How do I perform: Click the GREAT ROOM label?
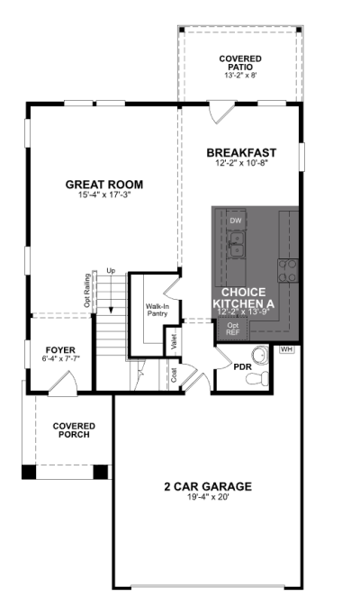104,185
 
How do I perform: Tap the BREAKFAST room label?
241,152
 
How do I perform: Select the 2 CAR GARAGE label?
208,486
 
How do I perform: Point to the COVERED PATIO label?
240,62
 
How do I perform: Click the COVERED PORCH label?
74,430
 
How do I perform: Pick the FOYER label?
60,350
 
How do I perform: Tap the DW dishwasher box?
236,221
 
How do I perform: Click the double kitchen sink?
236,245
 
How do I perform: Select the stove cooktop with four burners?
288,270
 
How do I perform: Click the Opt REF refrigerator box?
233,329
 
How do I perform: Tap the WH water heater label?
287,349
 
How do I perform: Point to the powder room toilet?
257,378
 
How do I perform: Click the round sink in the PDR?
260,354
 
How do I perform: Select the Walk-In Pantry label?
157,310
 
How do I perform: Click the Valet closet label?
174,341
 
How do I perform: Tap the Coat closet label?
174,375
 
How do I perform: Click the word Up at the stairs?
111,271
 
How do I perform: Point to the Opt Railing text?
87,291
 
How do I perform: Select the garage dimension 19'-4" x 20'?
208,497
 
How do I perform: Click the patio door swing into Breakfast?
221,113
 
